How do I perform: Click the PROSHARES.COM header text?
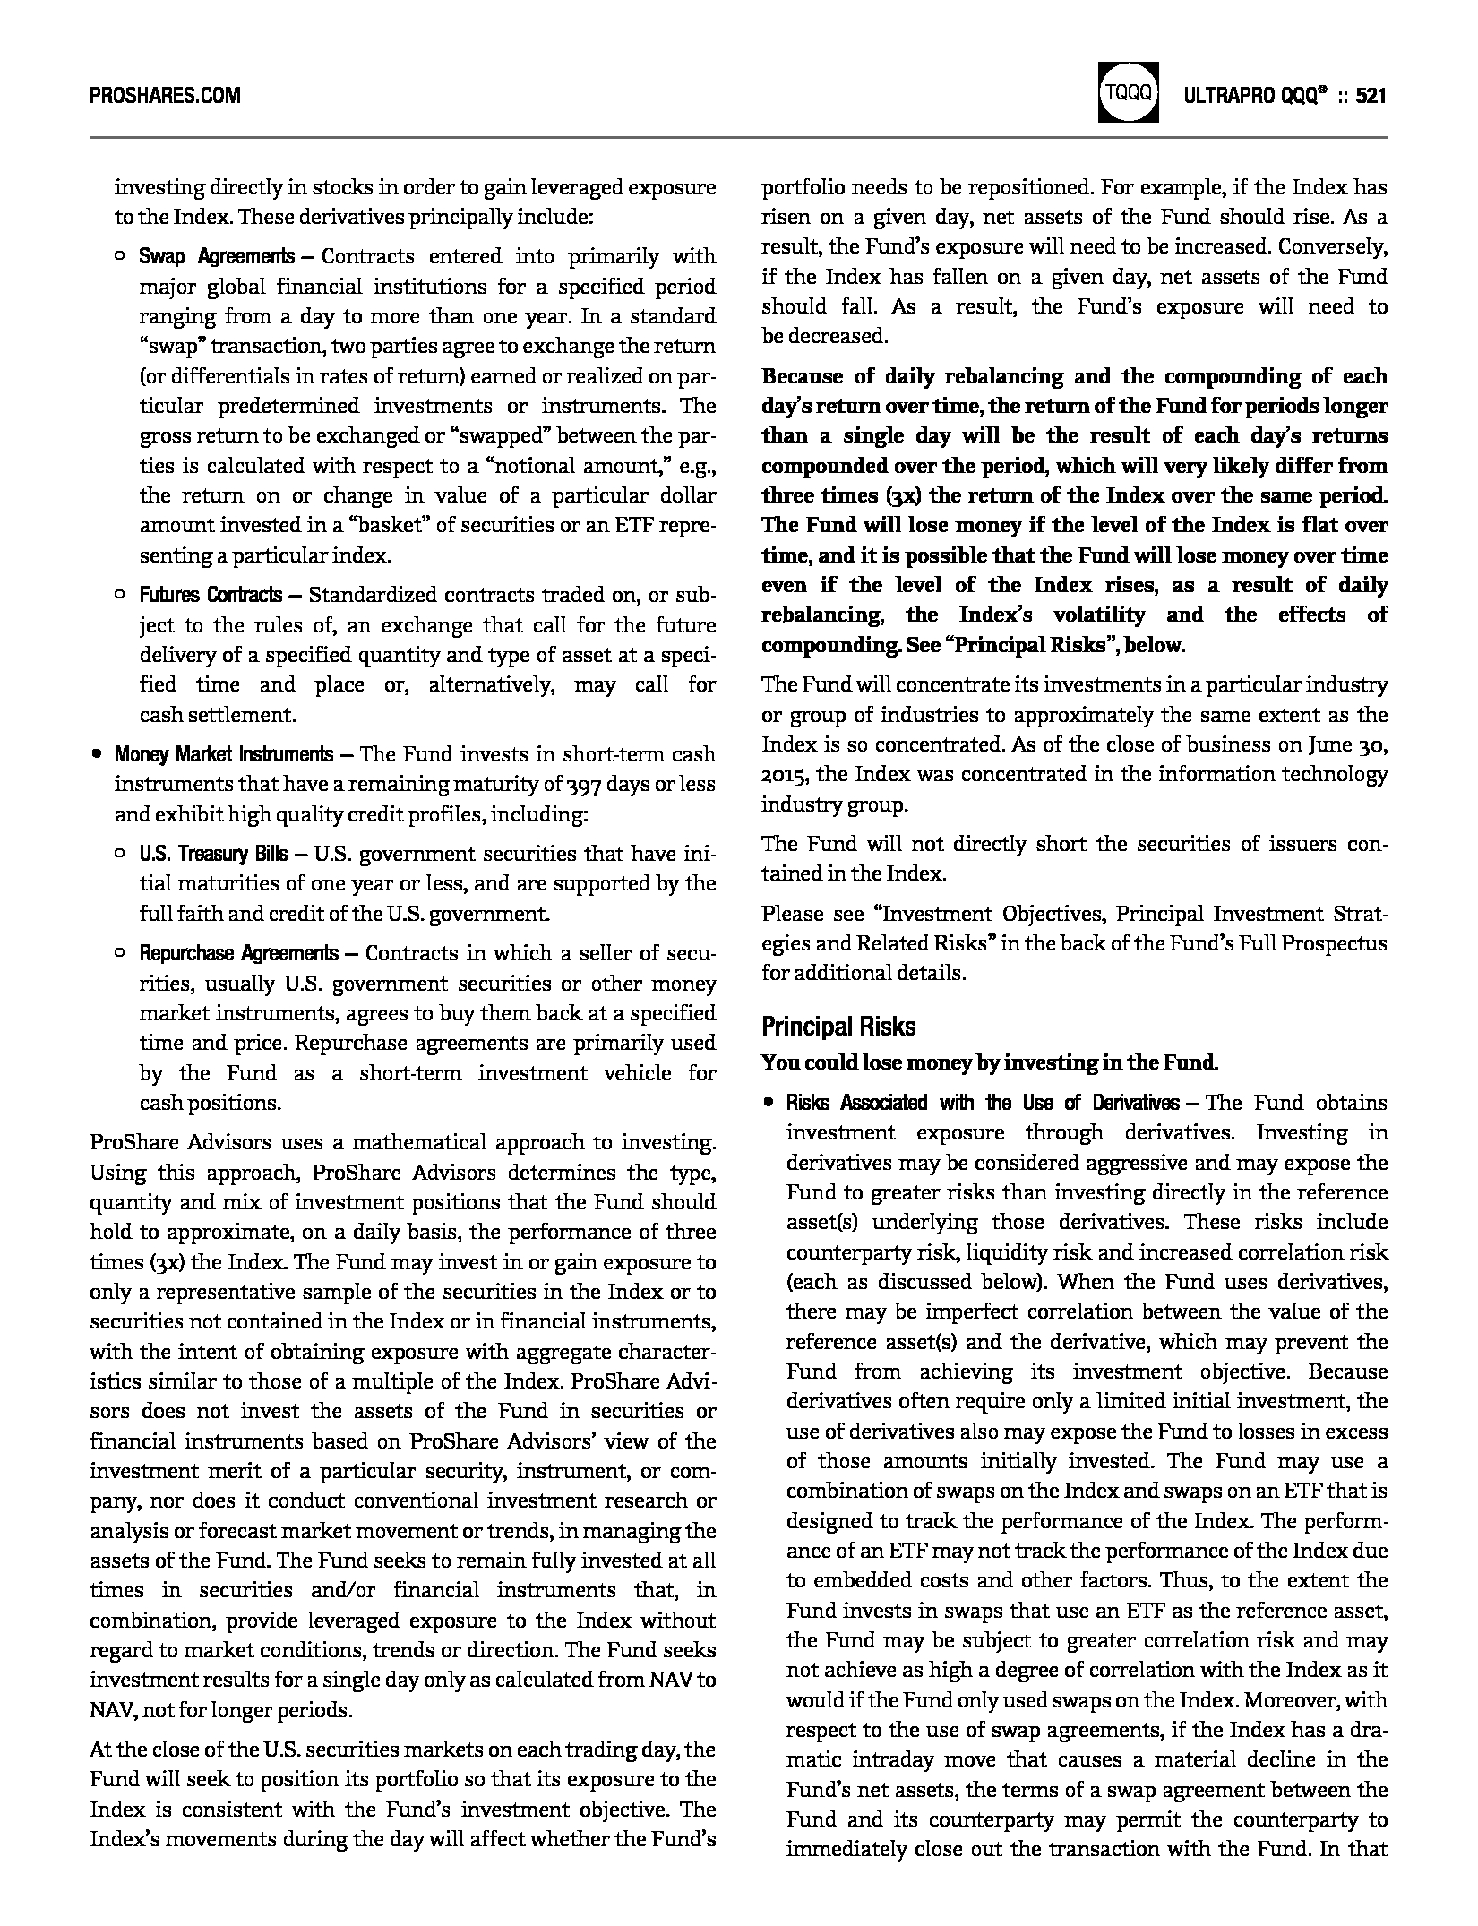pyautogui.click(x=165, y=95)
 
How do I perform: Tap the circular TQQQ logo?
pyautogui.click(x=1127, y=92)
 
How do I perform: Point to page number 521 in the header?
pyautogui.click(x=1371, y=95)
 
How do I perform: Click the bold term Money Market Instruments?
pyautogui.click(x=223, y=754)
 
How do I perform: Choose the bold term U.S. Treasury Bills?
pyautogui.click(x=213, y=854)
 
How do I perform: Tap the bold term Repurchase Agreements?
pyautogui.click(x=238, y=953)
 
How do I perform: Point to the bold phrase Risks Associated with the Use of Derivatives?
pyautogui.click(x=983, y=1103)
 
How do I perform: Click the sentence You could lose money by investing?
pyautogui.click(x=989, y=1063)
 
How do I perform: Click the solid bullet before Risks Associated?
pyautogui.click(x=768, y=1103)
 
